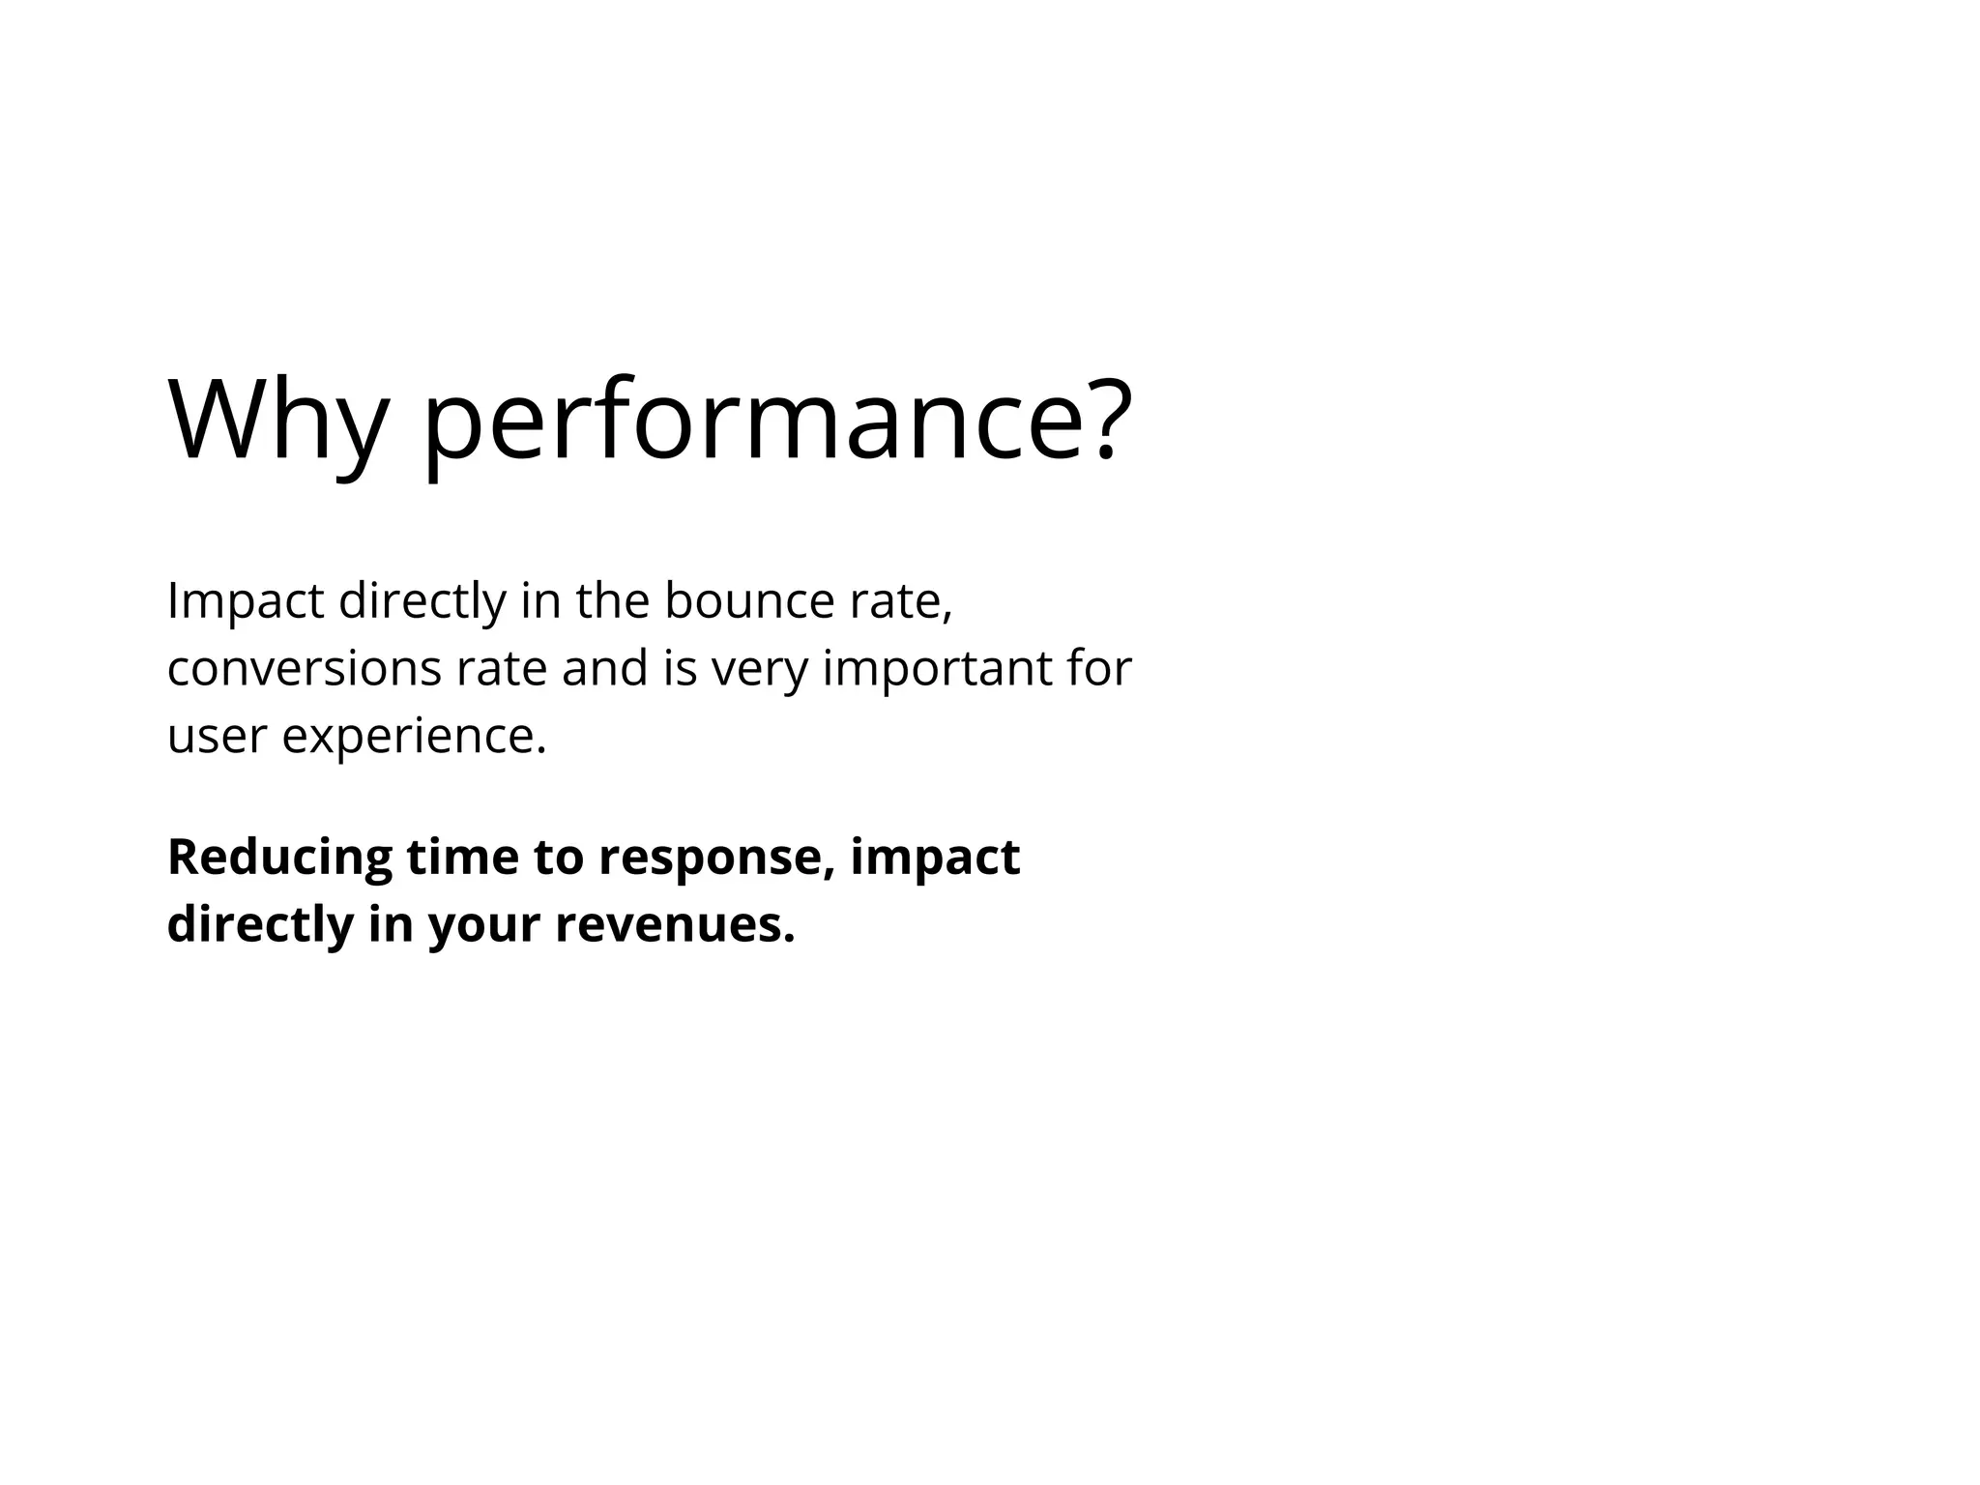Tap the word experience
pyautogui.click(x=414, y=738)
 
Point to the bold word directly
pyautogui.click(x=260, y=925)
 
